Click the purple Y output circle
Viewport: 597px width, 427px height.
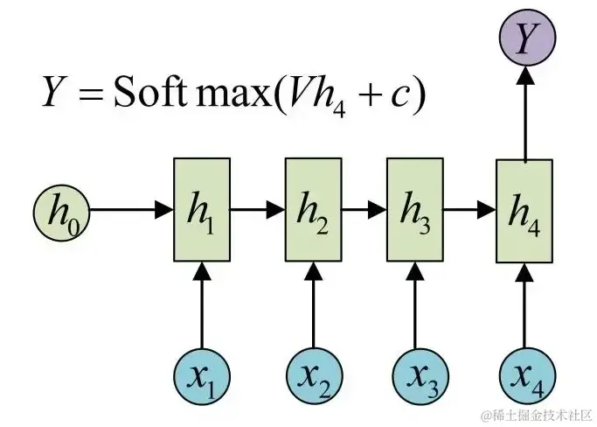524,38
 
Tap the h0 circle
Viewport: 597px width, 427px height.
60,210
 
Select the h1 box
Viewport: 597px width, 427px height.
202,210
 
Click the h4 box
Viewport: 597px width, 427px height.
524,210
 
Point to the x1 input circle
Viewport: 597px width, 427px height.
202,377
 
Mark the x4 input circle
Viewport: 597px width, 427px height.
524,377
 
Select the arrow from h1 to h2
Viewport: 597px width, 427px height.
258,210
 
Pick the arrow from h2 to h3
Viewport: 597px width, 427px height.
364,210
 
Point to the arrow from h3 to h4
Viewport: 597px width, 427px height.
469,210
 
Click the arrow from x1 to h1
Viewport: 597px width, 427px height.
202,306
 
